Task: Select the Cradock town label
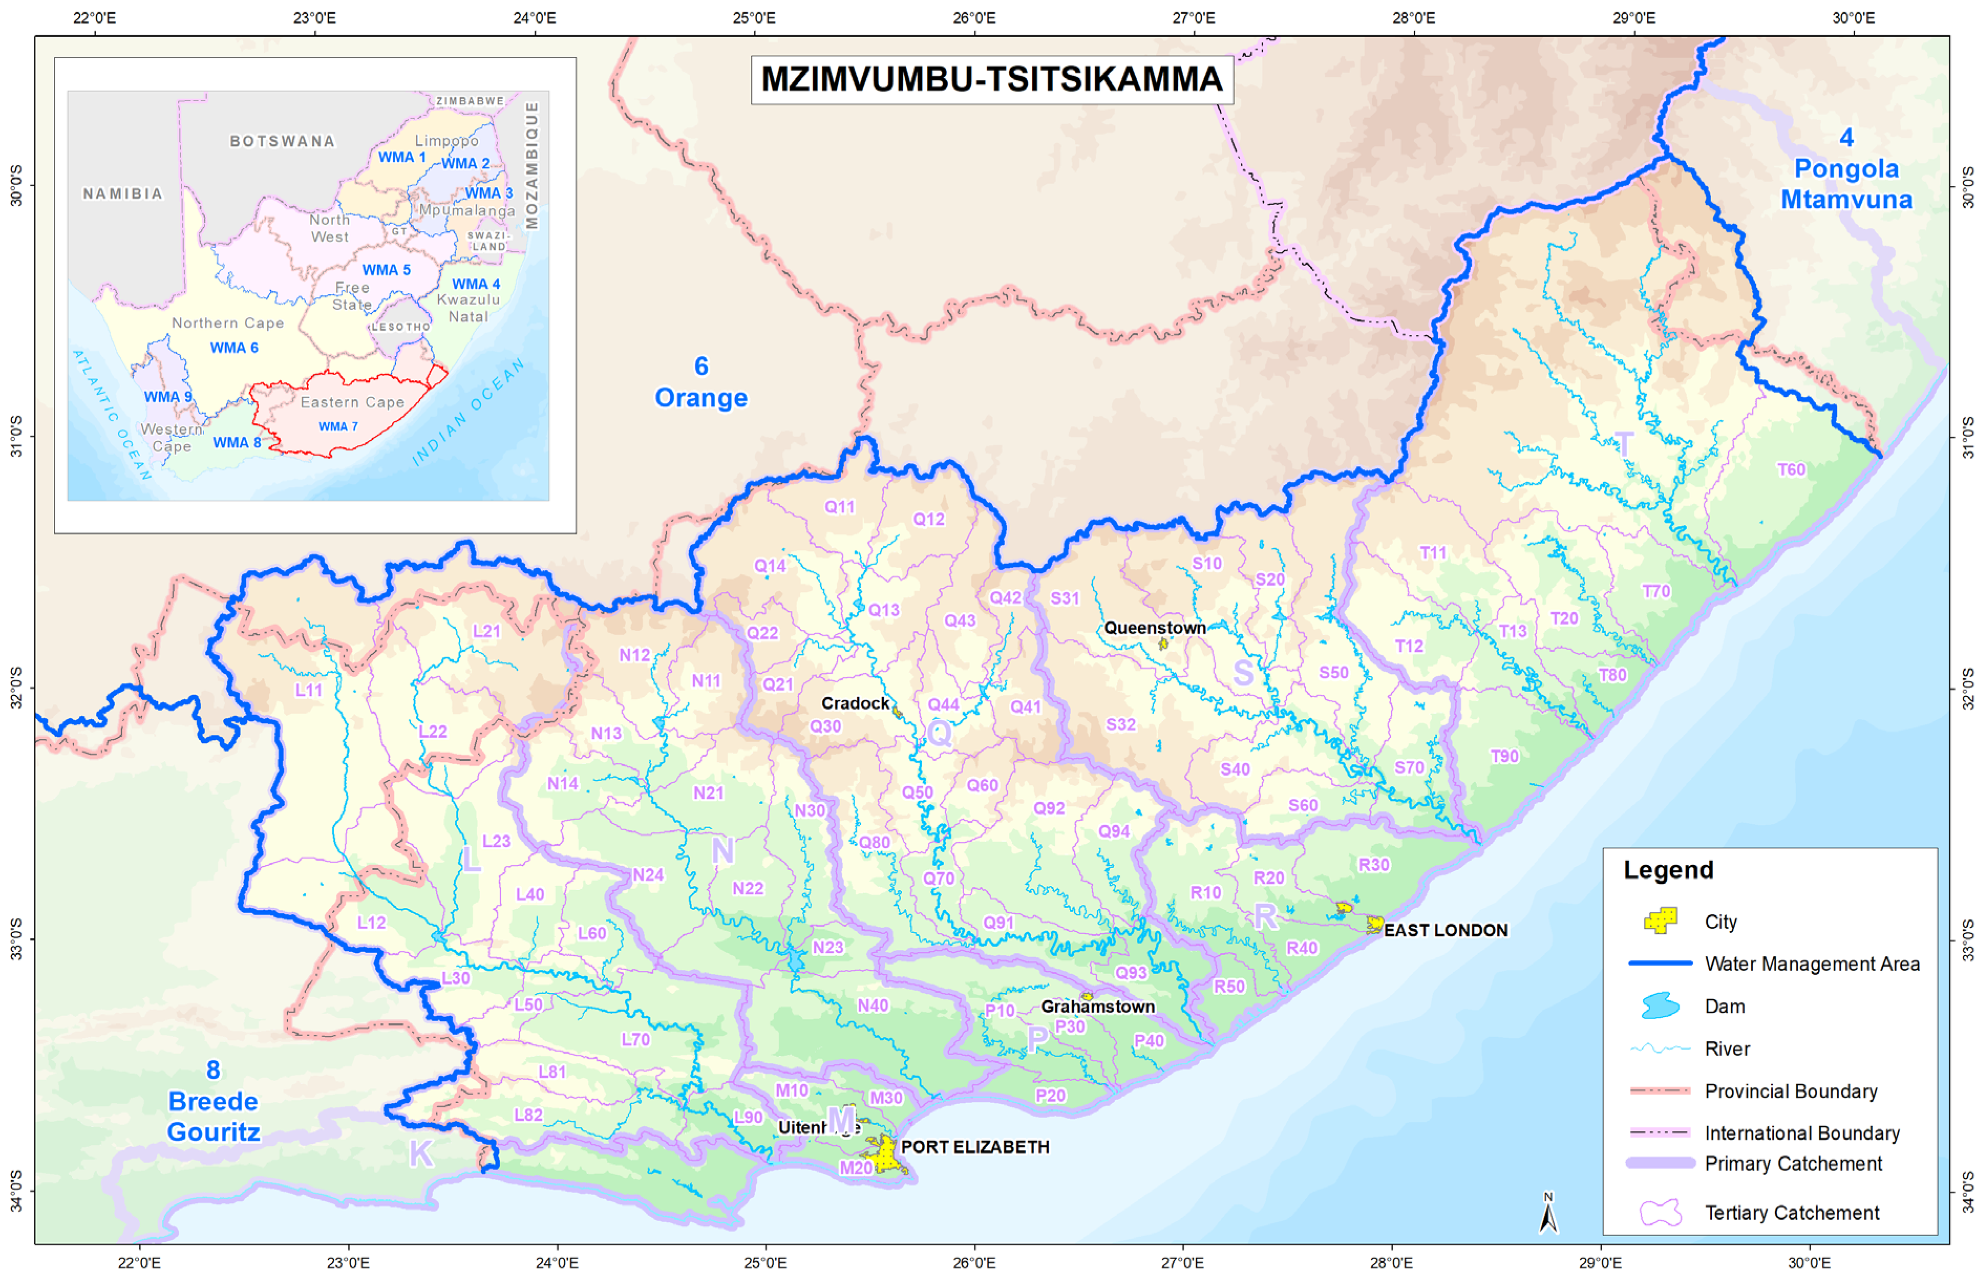[855, 704]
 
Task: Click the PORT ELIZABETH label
[974, 1147]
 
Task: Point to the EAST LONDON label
[1445, 930]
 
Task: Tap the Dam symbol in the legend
[1660, 1006]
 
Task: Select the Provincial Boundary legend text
[1790, 1091]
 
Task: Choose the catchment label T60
[1790, 470]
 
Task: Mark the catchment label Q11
[839, 507]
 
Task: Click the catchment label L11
[308, 690]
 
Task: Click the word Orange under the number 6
[700, 398]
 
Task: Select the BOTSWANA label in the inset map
[282, 141]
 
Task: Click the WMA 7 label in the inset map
[338, 426]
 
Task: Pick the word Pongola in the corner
[1846, 169]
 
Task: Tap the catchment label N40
[873, 1006]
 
